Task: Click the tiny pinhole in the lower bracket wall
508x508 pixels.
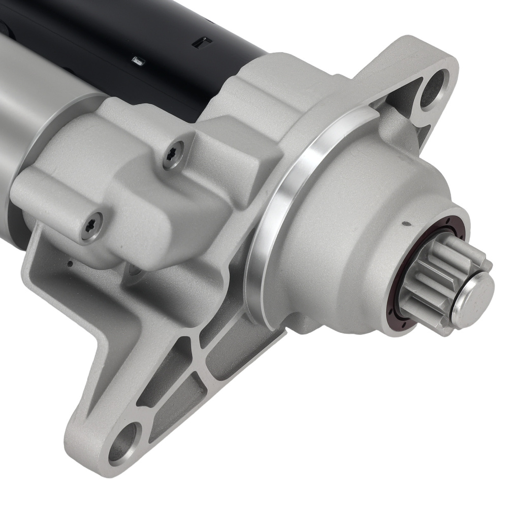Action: point(70,263)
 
